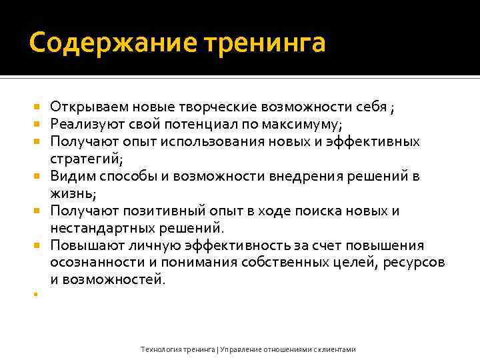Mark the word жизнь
(72, 193)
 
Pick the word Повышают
(86, 245)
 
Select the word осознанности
(95, 263)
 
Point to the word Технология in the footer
(160, 349)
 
